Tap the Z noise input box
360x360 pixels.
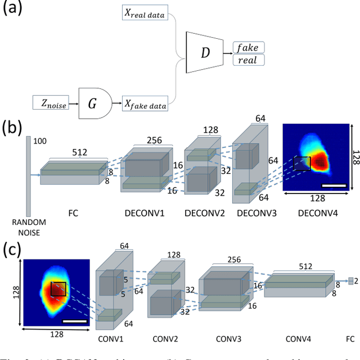tap(51, 102)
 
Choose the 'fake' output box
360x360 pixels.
tap(248, 47)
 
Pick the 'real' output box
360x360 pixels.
tap(248, 59)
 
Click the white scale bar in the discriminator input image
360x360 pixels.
tap(74, 321)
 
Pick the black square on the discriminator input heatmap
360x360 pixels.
tap(58, 289)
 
